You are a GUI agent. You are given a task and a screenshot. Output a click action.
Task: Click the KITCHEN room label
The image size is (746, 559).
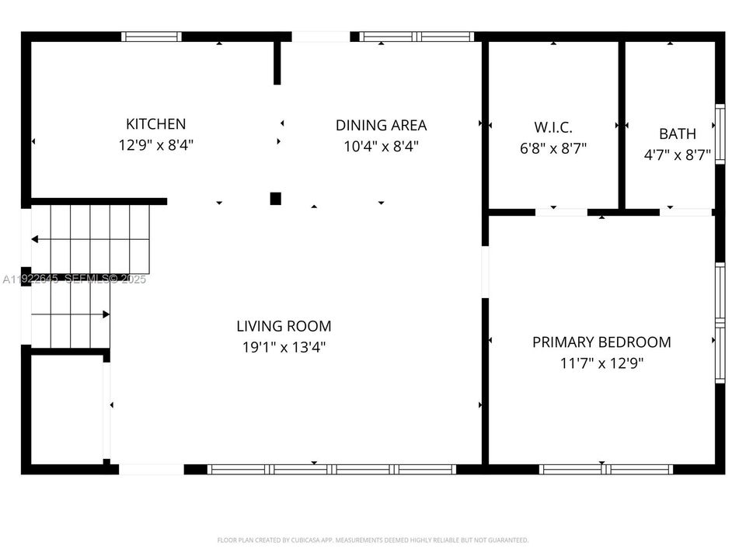155,123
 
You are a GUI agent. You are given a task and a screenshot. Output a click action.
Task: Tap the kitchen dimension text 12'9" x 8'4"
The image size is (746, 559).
155,144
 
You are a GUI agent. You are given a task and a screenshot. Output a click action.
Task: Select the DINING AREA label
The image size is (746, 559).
381,125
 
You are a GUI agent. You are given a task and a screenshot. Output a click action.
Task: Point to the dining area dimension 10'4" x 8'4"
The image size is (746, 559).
381,146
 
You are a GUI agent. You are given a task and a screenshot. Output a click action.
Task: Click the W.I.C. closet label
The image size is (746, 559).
553,127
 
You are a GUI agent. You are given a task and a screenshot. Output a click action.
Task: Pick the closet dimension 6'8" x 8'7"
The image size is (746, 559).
553,148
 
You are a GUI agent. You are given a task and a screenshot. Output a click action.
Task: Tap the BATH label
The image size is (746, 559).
677,134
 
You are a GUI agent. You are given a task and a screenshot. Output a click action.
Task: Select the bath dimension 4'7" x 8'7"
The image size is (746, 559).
677,155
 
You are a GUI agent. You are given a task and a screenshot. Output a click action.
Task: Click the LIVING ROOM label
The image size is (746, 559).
284,326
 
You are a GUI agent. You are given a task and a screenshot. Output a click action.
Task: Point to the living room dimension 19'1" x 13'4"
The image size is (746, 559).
284,347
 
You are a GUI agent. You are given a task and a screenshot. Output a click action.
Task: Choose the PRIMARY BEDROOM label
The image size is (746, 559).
601,342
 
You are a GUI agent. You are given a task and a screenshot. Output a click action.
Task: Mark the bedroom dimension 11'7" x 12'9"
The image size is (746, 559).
601,363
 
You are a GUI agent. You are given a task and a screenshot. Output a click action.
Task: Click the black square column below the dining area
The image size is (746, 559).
275,199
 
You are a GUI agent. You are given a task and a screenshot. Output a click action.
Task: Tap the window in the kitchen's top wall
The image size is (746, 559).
152,36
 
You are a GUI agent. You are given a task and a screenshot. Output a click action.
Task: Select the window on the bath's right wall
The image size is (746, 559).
720,134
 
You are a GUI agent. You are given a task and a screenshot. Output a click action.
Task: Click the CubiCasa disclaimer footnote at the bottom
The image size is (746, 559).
372,540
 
